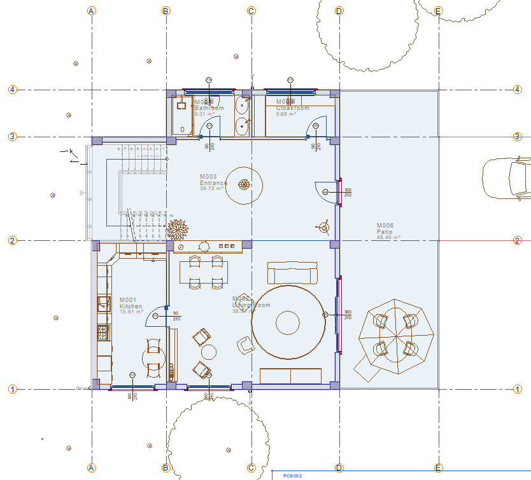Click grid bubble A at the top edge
click(92, 11)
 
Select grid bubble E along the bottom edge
click(438, 468)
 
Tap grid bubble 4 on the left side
click(12, 90)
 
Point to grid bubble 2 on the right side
click(518, 240)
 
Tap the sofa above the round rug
click(292, 273)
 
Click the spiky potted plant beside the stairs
click(178, 228)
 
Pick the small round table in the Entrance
click(244, 185)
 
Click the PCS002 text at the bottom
click(293, 475)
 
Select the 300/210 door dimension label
click(348, 315)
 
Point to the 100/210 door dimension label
click(348, 192)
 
